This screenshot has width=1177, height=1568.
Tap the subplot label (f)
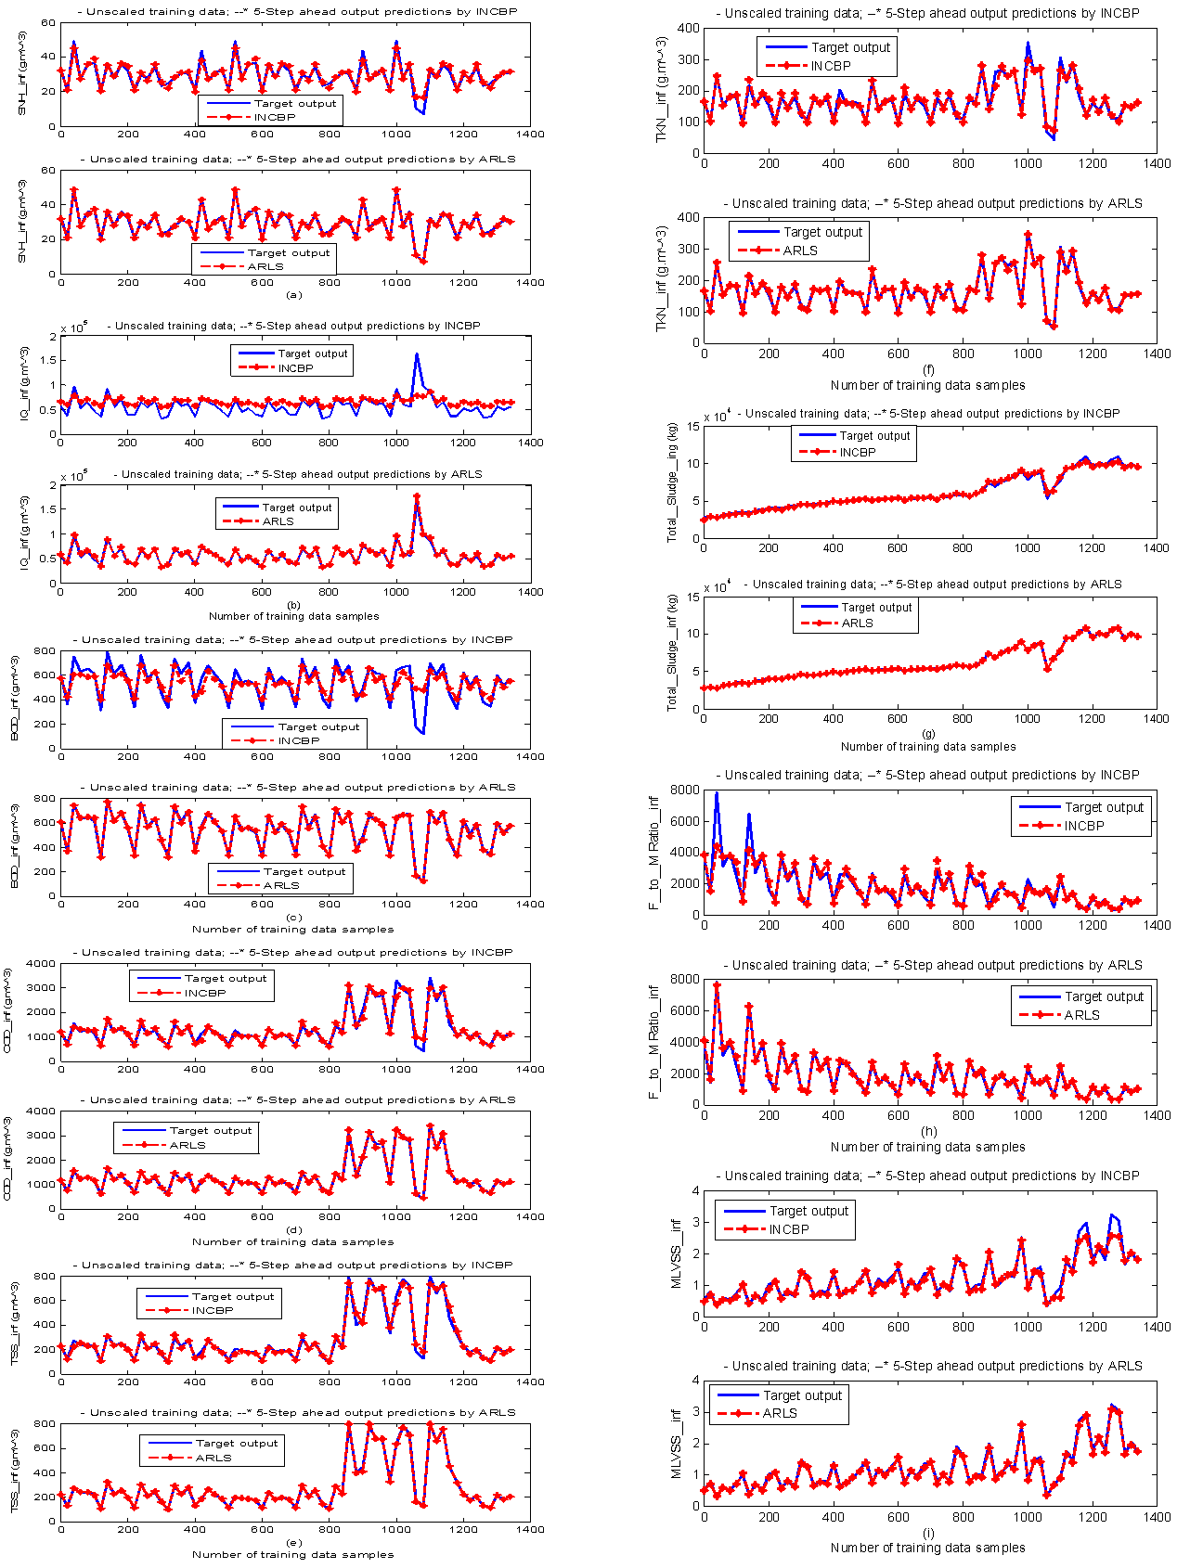click(928, 370)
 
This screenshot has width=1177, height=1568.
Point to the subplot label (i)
click(928, 1533)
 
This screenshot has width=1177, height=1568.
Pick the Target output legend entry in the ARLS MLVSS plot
click(802, 1395)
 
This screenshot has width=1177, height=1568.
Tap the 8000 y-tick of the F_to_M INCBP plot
click(685, 790)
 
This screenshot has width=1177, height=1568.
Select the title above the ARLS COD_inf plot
click(303, 1099)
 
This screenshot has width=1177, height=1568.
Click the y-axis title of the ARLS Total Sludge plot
click(672, 653)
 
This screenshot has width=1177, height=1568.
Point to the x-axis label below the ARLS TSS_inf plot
click(293, 1554)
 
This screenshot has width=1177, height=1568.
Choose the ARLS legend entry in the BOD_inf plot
click(281, 885)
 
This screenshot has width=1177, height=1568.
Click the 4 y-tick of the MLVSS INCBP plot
click(693, 1191)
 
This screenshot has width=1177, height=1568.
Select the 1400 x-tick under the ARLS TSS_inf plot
click(530, 1529)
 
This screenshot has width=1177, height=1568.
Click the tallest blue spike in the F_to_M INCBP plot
click(717, 794)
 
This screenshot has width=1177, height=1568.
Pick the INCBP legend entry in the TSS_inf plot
click(213, 1310)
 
